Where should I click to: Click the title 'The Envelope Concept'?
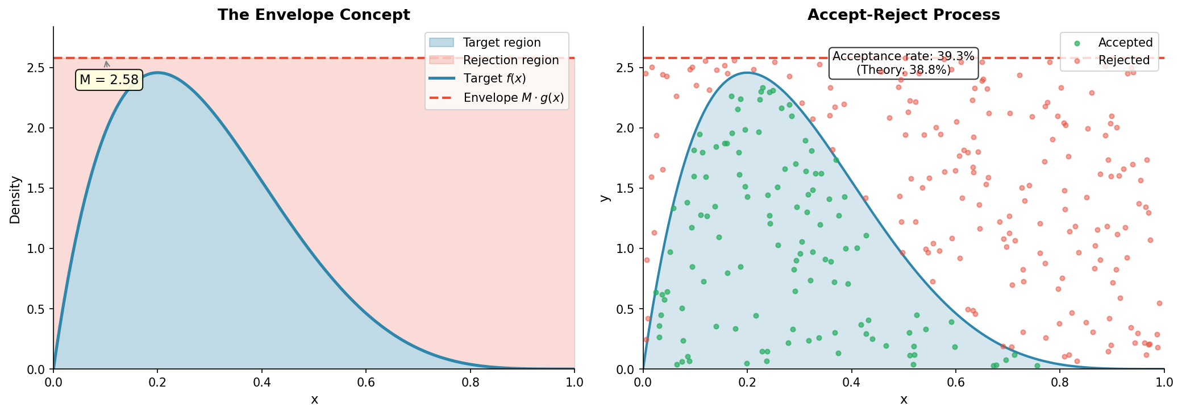coord(314,15)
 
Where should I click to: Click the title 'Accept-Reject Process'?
coord(904,15)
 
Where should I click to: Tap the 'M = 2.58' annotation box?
coord(109,80)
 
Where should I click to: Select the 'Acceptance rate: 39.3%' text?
coord(904,56)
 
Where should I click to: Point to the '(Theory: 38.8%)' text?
coord(904,70)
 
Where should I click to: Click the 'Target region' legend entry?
coord(501,43)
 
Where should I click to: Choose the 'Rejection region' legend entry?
coord(510,60)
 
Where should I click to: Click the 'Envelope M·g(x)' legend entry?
coord(513,98)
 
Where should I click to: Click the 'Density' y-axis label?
coord(15,199)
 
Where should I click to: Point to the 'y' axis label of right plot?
coord(605,198)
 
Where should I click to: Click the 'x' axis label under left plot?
coord(314,400)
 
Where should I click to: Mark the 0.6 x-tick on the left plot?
coord(366,381)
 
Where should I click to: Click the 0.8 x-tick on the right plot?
coord(1060,381)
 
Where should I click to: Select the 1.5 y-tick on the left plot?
coord(36,189)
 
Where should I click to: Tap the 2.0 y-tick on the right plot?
coord(626,128)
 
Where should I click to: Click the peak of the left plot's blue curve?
coord(158,73)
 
